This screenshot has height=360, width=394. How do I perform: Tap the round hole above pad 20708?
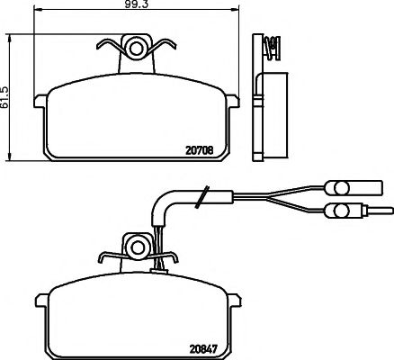(x=137, y=46)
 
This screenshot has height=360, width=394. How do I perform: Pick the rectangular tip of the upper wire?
(x=369, y=188)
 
